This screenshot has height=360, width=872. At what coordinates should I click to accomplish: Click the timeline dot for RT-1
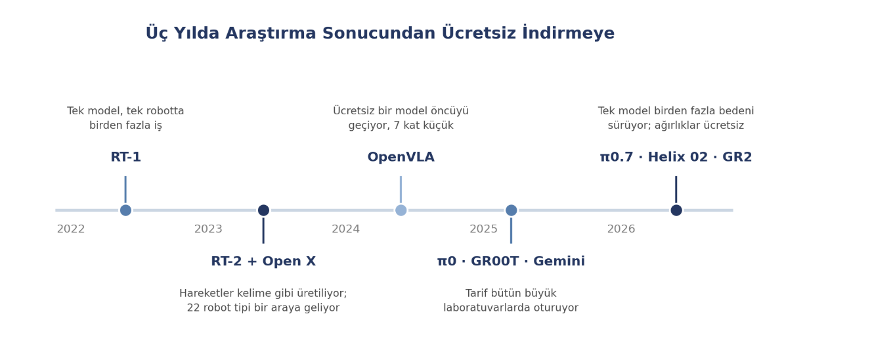click(x=125, y=210)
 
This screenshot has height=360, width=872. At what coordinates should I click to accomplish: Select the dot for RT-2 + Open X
click(x=263, y=210)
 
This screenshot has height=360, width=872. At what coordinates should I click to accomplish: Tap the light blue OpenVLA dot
click(x=401, y=210)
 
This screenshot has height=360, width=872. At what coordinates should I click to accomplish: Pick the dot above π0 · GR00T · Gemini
click(x=511, y=210)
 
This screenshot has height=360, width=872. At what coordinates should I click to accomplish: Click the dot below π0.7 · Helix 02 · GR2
click(x=676, y=210)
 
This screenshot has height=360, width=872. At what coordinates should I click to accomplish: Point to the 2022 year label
click(x=71, y=229)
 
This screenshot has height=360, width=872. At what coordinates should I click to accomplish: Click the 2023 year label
click(x=208, y=229)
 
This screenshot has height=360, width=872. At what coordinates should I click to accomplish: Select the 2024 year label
click(x=345, y=229)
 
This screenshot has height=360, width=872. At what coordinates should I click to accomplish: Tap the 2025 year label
click(x=483, y=229)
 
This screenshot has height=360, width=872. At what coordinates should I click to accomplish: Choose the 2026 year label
click(x=621, y=229)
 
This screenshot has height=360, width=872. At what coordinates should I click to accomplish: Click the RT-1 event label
click(x=125, y=157)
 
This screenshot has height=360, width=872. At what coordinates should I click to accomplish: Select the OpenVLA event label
click(x=401, y=158)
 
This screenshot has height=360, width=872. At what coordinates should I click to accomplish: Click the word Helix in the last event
click(x=666, y=157)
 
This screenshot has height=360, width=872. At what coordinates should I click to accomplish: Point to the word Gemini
click(x=559, y=261)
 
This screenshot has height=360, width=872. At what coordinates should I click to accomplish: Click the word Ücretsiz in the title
click(x=479, y=33)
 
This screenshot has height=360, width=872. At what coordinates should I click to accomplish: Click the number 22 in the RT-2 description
click(x=193, y=308)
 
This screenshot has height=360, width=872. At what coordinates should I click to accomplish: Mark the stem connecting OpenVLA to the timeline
click(x=401, y=190)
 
